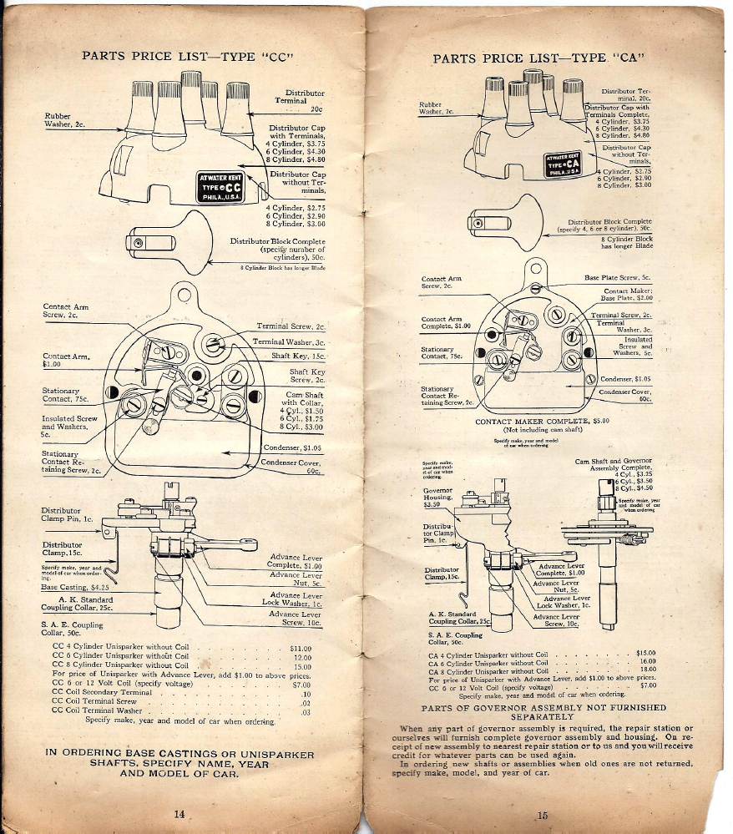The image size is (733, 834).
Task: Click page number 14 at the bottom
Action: [x=179, y=814]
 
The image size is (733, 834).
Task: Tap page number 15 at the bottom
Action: [x=542, y=815]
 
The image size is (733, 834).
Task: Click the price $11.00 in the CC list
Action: [x=300, y=648]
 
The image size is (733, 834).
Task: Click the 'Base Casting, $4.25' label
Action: [x=76, y=587]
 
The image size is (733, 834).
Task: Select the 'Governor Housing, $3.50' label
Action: [x=437, y=498]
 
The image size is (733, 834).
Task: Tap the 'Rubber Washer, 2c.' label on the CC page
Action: [x=65, y=119]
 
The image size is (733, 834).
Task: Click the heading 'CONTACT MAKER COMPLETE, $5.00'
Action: [x=543, y=422]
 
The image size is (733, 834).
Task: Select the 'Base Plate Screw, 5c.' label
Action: [x=618, y=277]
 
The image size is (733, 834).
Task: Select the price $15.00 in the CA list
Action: [x=647, y=653]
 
